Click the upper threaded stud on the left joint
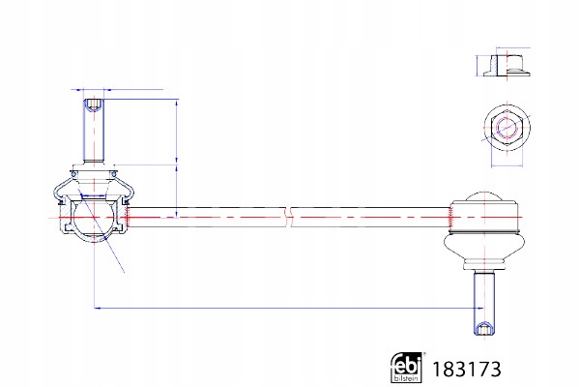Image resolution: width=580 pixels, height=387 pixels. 94,131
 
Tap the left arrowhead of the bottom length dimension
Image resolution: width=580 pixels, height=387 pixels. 98,309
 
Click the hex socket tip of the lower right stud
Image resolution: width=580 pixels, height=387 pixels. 482,325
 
